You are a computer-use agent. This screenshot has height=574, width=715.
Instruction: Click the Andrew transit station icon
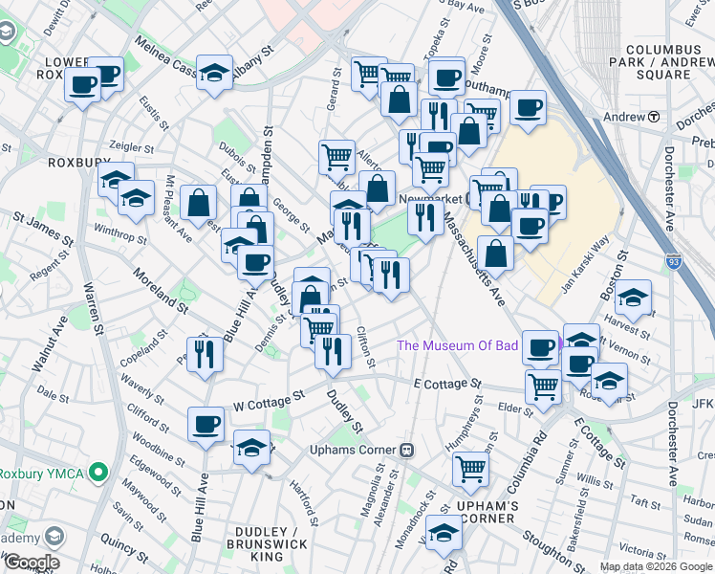point(655,117)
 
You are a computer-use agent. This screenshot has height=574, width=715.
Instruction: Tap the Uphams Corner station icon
point(406,450)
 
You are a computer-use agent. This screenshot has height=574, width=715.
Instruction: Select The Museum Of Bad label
point(457,345)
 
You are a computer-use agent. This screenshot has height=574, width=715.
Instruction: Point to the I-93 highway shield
point(676,259)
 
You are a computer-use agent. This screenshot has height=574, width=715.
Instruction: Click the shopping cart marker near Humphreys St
point(471,468)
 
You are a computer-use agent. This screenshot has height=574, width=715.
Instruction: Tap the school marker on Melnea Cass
point(215,73)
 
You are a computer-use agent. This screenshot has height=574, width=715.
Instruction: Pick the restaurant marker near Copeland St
point(206,354)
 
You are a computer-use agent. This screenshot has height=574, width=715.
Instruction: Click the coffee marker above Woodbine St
point(206,423)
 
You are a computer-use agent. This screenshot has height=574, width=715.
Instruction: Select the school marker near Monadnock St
point(444,533)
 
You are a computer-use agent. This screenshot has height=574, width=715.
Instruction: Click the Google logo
point(32,563)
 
